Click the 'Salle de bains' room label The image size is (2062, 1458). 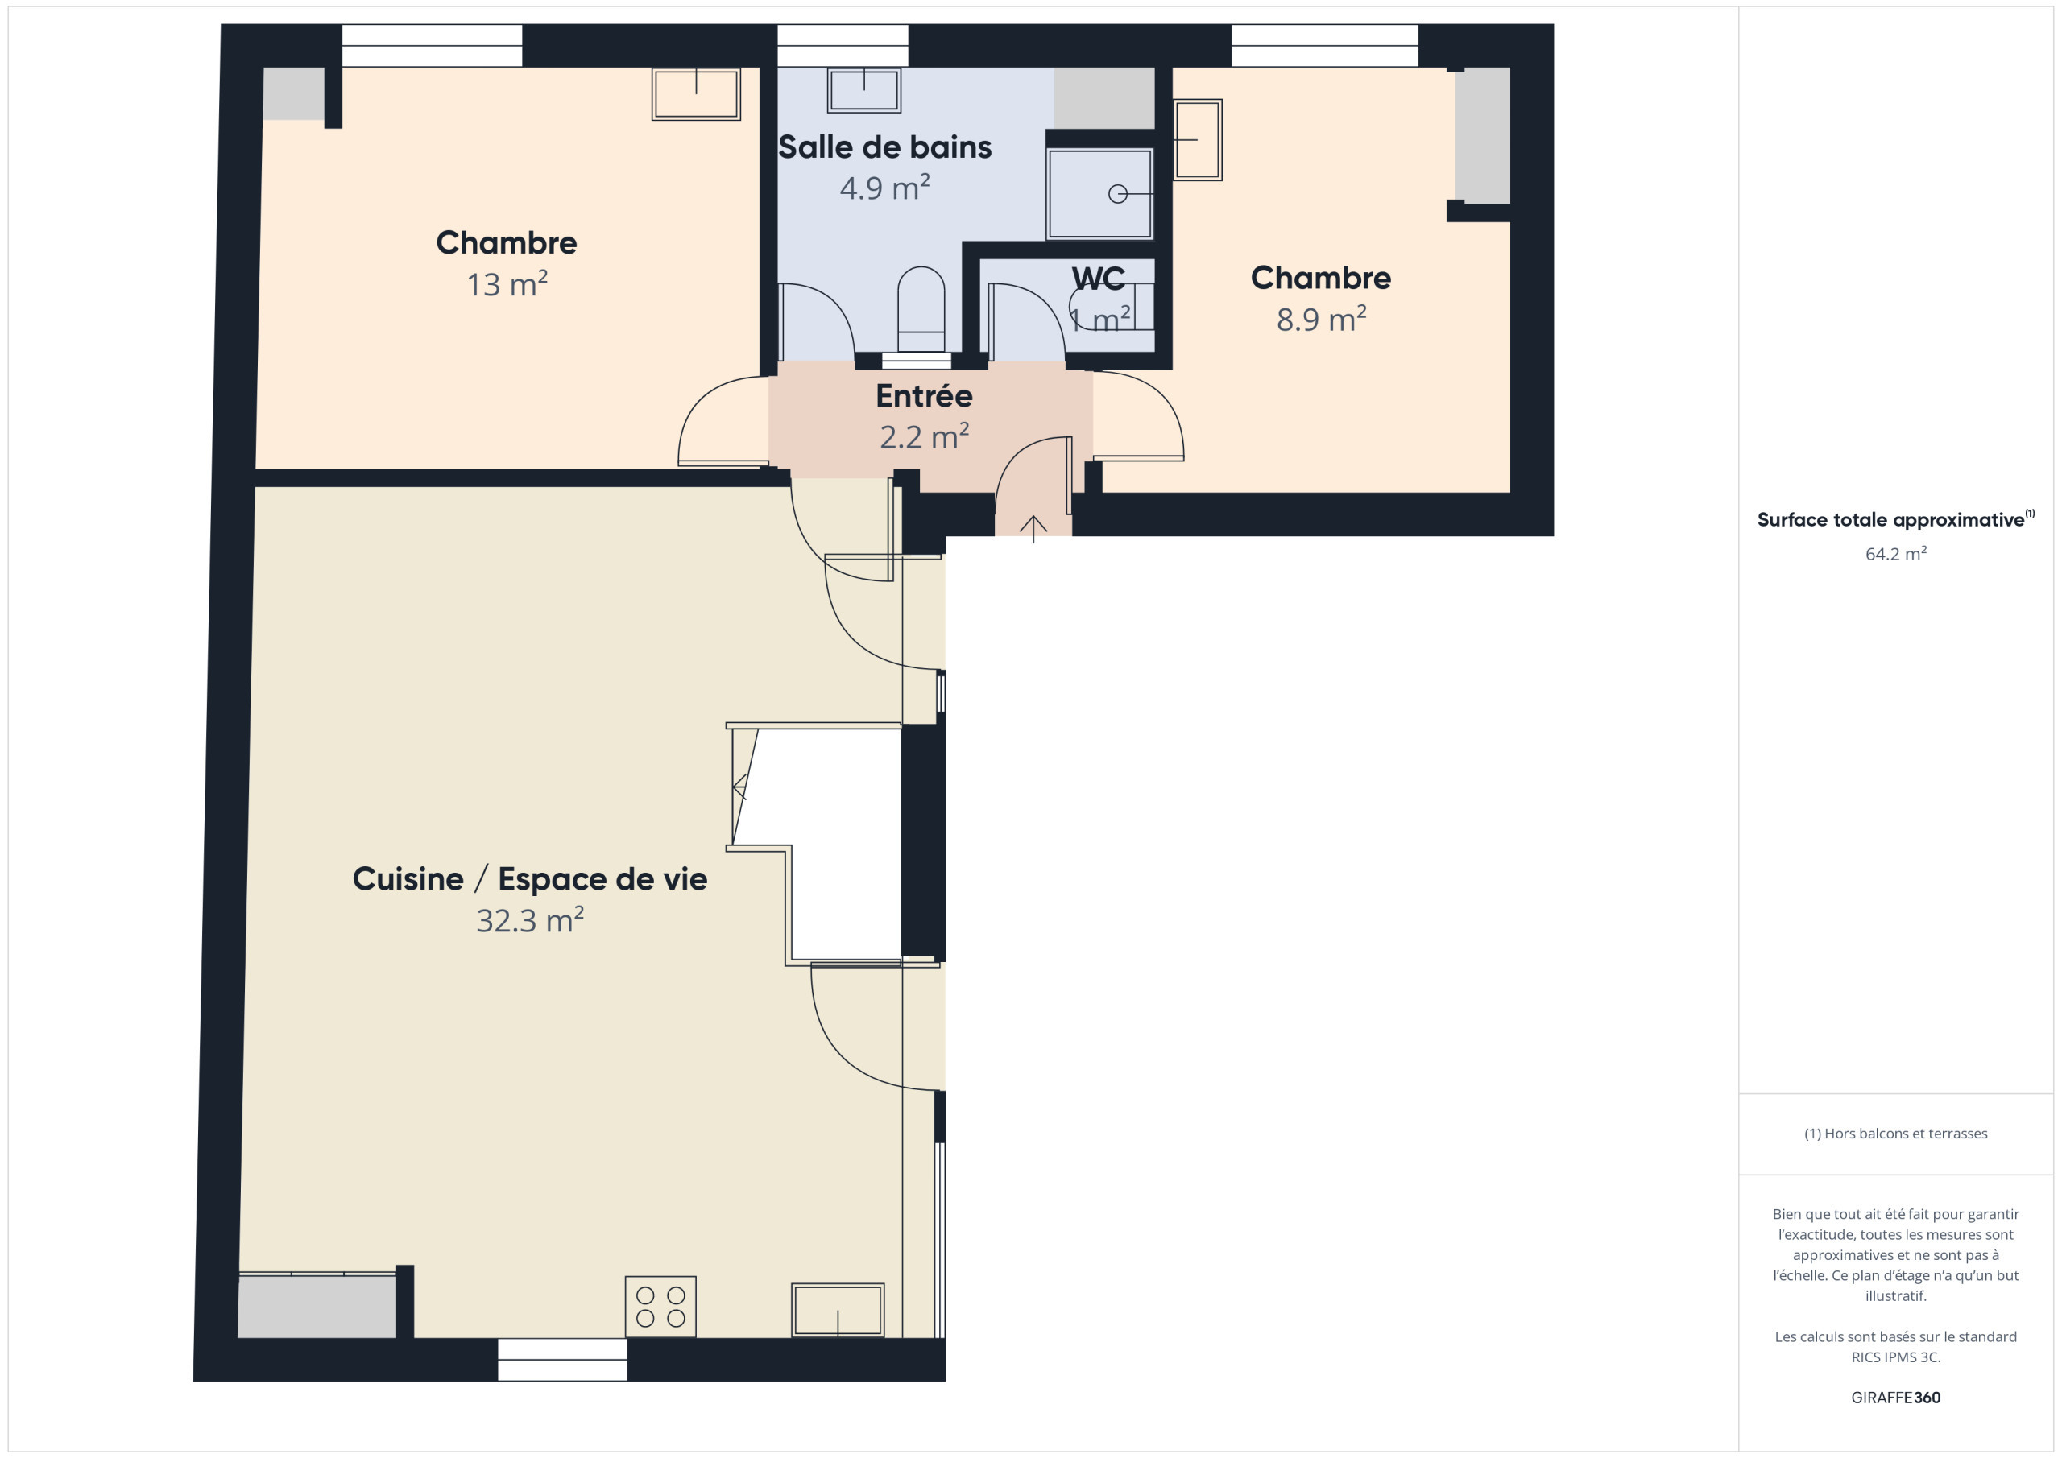tap(884, 147)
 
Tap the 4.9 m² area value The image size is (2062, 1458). tap(884, 188)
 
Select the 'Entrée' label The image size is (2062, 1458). tap(924, 395)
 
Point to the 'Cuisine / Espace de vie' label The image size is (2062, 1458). tap(530, 879)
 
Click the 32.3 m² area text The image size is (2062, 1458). tap(530, 920)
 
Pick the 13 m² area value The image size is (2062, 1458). tap(507, 283)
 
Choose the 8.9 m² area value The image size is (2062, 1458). tap(1321, 319)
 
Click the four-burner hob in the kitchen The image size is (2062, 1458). tap(660, 1307)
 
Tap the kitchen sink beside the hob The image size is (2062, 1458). tap(837, 1310)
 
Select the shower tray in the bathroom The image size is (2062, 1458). tap(1099, 194)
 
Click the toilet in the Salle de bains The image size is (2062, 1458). tap(921, 309)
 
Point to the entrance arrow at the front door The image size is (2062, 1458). tap(1033, 529)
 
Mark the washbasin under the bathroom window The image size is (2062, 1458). tap(864, 90)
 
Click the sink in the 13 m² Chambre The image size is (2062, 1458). tap(696, 93)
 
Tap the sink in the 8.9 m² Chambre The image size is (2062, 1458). tap(1197, 140)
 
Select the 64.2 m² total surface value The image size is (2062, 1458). tap(1895, 554)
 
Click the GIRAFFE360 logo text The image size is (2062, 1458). tap(1895, 1397)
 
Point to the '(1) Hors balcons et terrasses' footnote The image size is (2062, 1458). tap(1895, 1133)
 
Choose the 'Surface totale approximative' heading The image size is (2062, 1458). tap(1890, 520)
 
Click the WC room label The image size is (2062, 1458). tap(1099, 279)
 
